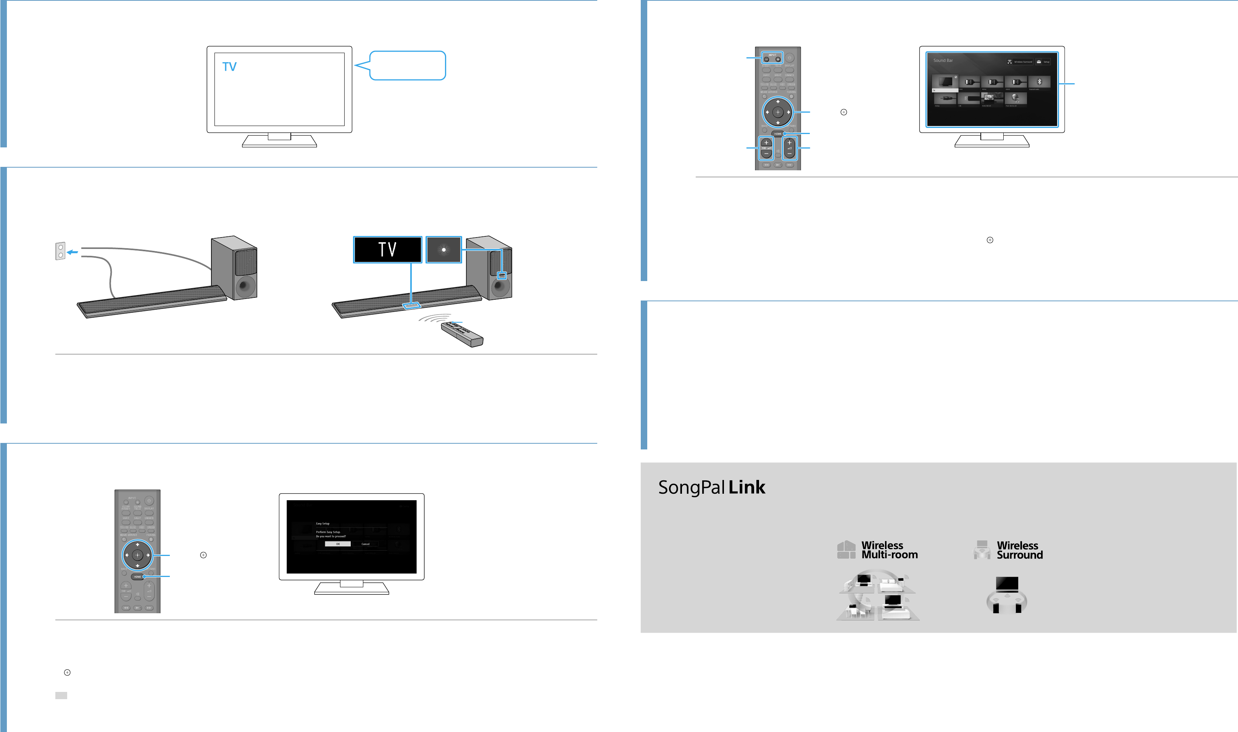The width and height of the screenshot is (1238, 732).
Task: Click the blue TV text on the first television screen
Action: (x=229, y=66)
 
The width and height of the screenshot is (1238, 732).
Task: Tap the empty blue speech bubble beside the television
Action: (x=408, y=66)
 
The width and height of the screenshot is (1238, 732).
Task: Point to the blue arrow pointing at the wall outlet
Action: (x=73, y=252)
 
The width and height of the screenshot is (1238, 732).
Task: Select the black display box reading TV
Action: (x=387, y=250)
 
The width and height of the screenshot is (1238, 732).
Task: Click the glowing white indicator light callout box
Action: (x=443, y=250)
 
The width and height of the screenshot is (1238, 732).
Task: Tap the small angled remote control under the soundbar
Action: (x=462, y=334)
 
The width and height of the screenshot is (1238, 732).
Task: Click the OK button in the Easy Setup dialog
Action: (x=338, y=544)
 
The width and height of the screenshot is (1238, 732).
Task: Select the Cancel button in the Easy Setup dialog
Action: (x=365, y=544)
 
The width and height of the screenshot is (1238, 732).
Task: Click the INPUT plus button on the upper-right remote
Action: (x=778, y=59)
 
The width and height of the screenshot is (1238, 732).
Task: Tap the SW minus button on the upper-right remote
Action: (x=766, y=154)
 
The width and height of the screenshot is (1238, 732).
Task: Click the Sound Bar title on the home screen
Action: (x=943, y=61)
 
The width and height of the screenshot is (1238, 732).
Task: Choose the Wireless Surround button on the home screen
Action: (x=1020, y=61)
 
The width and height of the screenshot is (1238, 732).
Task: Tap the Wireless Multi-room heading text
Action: (x=889, y=550)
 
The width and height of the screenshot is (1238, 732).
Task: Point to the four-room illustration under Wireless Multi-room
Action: (x=878, y=595)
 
